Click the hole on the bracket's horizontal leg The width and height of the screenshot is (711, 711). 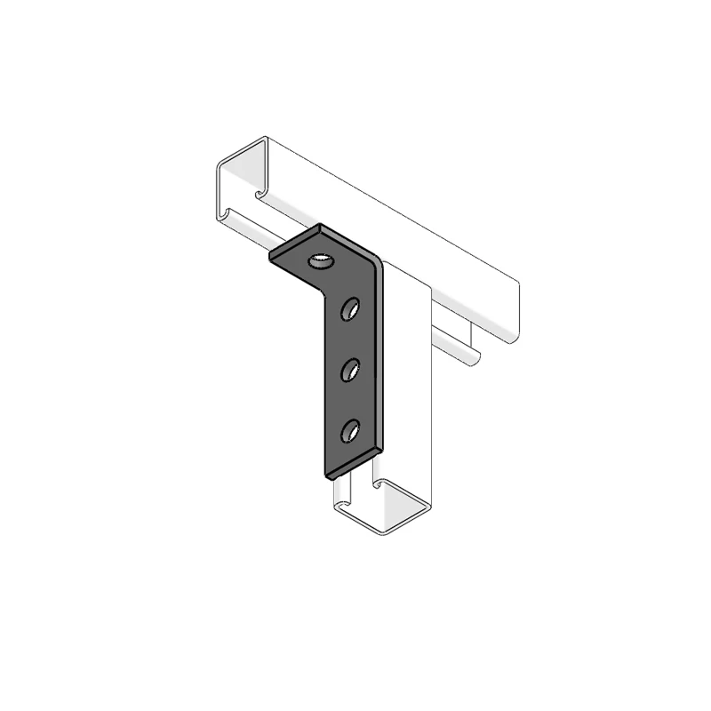pyautogui.click(x=317, y=261)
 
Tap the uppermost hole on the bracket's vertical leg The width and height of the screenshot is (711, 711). pyautogui.click(x=351, y=308)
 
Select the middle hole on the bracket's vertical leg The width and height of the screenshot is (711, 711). pyautogui.click(x=351, y=368)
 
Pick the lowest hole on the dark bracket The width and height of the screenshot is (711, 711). pyautogui.click(x=351, y=431)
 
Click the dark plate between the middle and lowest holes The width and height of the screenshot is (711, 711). pyautogui.click(x=351, y=400)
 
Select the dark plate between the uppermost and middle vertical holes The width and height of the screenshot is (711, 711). pyautogui.click(x=351, y=338)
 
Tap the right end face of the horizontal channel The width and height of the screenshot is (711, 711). pyautogui.click(x=510, y=311)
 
